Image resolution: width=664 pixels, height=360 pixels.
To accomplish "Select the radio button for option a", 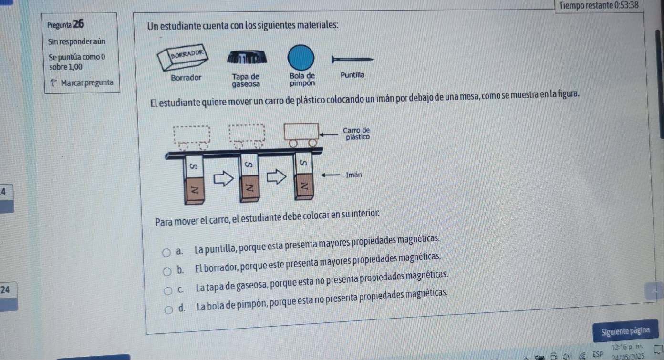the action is [166, 252].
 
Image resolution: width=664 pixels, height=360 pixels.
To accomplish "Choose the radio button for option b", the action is [167, 271].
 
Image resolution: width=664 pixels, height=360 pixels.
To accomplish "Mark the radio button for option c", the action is [168, 291].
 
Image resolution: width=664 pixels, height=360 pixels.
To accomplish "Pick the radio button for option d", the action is [169, 310].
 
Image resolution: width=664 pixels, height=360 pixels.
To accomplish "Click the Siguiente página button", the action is [625, 330].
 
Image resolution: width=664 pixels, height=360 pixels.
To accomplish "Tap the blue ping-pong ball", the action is [301, 58].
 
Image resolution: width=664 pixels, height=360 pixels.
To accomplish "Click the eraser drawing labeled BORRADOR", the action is [183, 58].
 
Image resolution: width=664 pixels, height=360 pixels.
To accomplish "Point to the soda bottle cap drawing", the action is [247, 57].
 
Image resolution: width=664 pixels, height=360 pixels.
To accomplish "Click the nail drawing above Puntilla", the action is [353, 59].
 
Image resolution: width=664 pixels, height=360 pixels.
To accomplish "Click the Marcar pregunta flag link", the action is [82, 82].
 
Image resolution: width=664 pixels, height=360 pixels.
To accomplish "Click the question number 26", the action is [78, 24].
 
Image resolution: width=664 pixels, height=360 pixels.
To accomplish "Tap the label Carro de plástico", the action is [357, 134].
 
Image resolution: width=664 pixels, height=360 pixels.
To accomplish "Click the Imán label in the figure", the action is [354, 175].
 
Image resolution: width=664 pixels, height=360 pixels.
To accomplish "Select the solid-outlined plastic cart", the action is [301, 135].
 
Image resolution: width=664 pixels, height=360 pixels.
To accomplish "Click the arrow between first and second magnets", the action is [224, 178].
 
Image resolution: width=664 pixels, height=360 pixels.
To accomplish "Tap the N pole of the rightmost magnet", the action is [304, 186].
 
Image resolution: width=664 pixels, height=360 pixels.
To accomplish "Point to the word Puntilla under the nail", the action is [353, 75].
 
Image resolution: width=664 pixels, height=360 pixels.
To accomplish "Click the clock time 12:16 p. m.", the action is [627, 347].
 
